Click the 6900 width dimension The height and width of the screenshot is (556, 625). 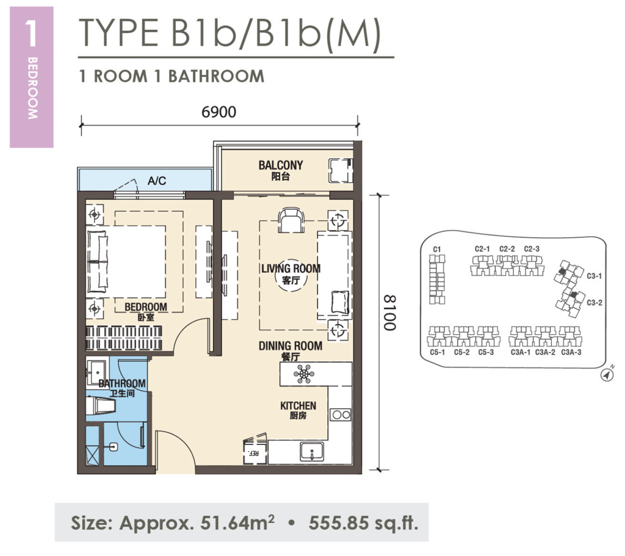(x=219, y=112)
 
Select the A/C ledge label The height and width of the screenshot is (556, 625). (x=157, y=181)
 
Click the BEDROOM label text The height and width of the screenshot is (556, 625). (x=145, y=306)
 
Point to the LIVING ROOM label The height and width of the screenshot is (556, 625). (x=291, y=269)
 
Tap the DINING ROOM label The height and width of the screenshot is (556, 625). (x=290, y=346)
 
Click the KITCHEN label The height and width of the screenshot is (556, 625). (x=298, y=406)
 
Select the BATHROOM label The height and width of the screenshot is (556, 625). (x=122, y=384)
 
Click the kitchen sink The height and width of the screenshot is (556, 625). (x=311, y=453)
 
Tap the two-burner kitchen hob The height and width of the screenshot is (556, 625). (x=340, y=415)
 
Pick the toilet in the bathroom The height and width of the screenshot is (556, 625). (x=101, y=406)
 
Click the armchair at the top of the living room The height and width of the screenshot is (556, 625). (x=291, y=220)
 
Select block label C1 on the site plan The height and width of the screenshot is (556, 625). (x=436, y=249)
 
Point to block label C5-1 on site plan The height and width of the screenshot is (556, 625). (x=437, y=352)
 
